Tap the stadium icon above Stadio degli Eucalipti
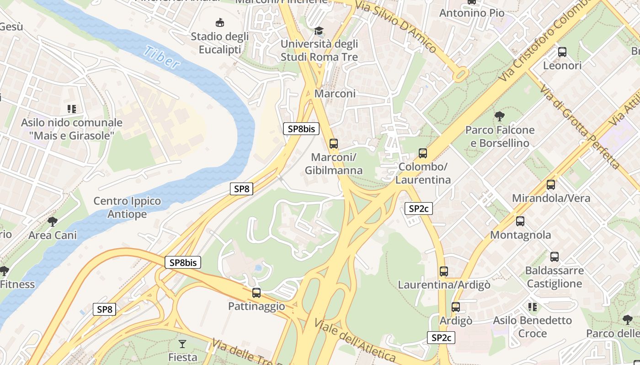tap(220, 22)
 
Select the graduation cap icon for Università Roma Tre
tap(319, 31)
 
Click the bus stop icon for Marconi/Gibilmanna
tap(334, 144)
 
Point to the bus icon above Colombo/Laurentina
tap(423, 153)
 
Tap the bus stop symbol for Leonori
tap(562, 52)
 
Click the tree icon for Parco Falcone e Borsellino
tap(500, 116)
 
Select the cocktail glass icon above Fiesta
tap(182, 344)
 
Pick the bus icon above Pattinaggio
tap(256, 292)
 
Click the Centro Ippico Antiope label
tap(127, 208)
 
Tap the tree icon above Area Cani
tap(53, 222)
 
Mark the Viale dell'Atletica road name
tap(355, 340)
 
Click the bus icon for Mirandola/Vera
tap(551, 185)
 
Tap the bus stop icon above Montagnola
tap(520, 221)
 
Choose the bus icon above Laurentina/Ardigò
tap(444, 271)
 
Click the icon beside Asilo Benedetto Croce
tap(533, 307)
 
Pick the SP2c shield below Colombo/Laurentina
tap(419, 209)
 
